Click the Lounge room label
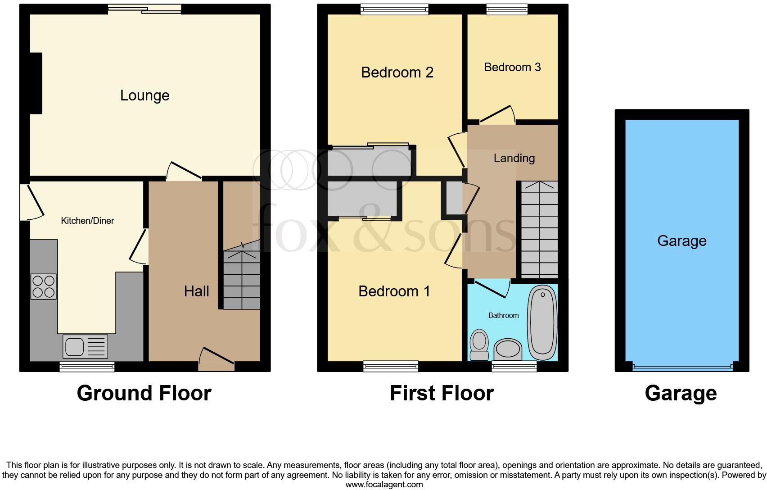[144, 95]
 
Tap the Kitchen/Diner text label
[88, 221]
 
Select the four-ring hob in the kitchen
[44, 286]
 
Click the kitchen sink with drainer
[86, 347]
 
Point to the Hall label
[196, 291]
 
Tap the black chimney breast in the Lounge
[36, 83]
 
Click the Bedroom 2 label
[397, 73]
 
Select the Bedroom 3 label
[512, 68]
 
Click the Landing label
[514, 158]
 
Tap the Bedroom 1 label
[394, 291]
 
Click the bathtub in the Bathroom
[542, 322]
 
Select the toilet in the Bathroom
[479, 345]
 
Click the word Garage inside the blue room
[681, 241]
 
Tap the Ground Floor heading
[144, 393]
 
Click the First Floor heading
[442, 393]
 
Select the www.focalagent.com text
[383, 485]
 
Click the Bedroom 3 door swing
[498, 115]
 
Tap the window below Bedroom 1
[391, 367]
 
